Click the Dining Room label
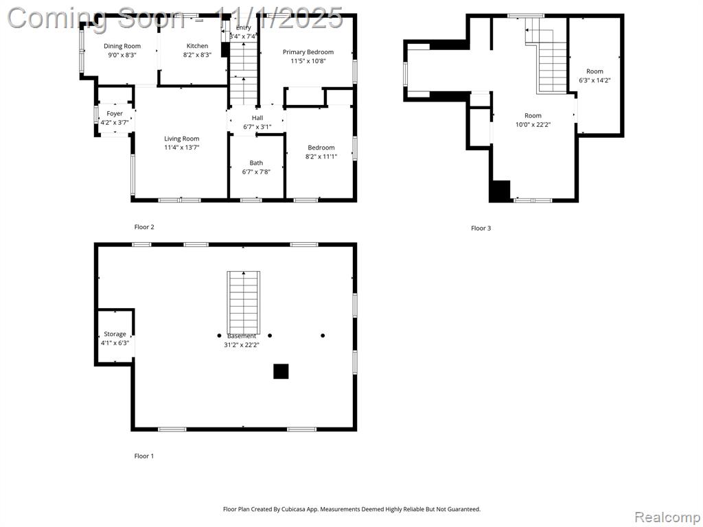[x=122, y=46]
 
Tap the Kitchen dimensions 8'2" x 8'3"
[x=197, y=55]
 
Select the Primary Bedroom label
[x=308, y=52]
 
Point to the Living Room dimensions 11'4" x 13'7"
[x=181, y=147]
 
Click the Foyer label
[x=115, y=114]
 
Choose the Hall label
[x=257, y=118]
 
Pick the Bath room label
[x=257, y=163]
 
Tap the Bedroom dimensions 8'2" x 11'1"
[x=321, y=156]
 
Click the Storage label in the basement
[x=115, y=334]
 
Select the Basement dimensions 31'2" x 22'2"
[x=242, y=344]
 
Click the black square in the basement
[x=281, y=371]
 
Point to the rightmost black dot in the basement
[x=323, y=335]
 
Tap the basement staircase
[x=244, y=302]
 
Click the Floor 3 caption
[x=481, y=228]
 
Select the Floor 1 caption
[x=144, y=456]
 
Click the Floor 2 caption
[x=144, y=226]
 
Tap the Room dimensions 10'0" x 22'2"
[x=533, y=125]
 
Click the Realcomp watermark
[x=667, y=517]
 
